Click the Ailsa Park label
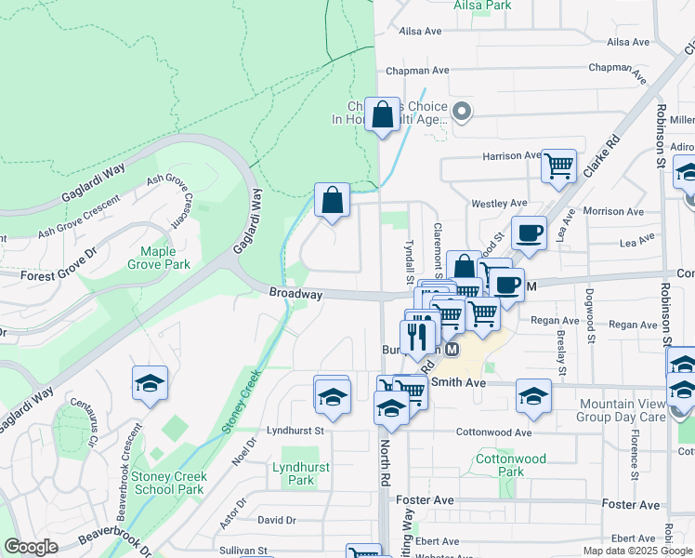tap(482, 6)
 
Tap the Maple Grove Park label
tap(164, 258)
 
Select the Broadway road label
tap(295, 294)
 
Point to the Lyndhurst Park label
tap(300, 473)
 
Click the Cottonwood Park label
tap(511, 465)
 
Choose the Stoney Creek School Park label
tap(168, 483)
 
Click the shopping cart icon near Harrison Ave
tap(559, 166)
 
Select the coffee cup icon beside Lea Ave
tap(529, 232)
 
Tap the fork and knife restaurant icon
tap(420, 335)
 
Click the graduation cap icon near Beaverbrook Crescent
tap(150, 383)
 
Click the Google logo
tap(31, 547)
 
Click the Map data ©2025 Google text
tap(636, 551)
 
